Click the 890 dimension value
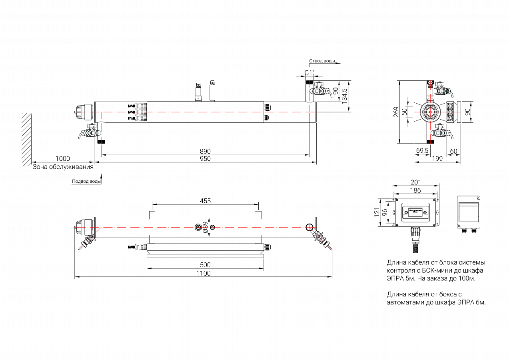click(205, 152)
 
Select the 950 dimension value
click(205, 159)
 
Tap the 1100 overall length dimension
click(203, 273)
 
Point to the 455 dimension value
click(205, 201)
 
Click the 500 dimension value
click(205, 265)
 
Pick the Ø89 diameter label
click(204, 227)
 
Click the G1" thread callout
click(309, 72)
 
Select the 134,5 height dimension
click(345, 96)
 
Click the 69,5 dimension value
click(422, 150)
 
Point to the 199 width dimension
click(437, 159)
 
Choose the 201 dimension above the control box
click(416, 182)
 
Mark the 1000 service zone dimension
click(62, 159)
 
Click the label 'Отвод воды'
click(322, 61)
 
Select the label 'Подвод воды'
click(86, 181)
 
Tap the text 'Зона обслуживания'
click(63, 167)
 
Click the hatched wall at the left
click(26, 138)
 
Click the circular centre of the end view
click(431, 112)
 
